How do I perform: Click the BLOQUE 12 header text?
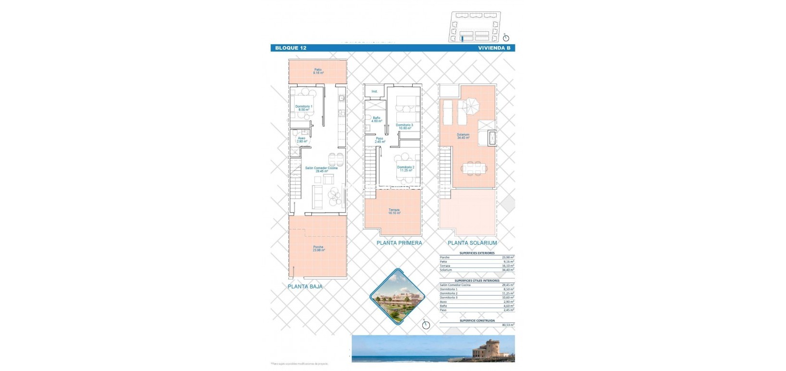point(290,48)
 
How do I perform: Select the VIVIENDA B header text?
point(494,48)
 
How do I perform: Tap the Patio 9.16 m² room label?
point(318,71)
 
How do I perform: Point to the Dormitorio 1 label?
point(304,108)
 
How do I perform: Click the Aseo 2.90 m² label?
point(302,140)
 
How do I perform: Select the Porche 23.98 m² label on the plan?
point(318,248)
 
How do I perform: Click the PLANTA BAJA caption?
point(305,287)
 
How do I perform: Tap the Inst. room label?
point(374,91)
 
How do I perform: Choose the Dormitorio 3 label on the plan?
point(405,127)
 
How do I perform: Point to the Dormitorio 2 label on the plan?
point(405,169)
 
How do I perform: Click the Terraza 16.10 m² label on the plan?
point(394,211)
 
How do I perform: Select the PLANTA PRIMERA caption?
point(399,243)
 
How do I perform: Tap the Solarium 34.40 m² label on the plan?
point(463,136)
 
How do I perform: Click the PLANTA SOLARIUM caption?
point(472,243)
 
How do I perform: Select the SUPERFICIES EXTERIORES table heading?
point(477,253)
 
